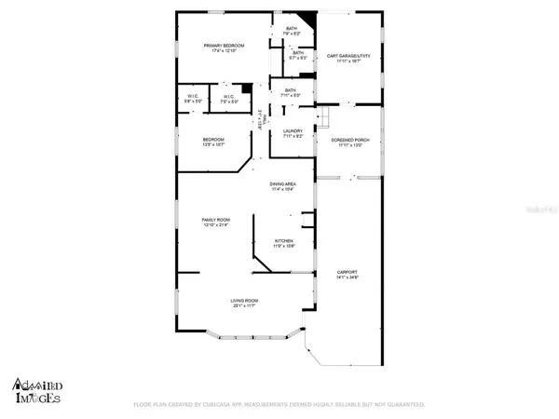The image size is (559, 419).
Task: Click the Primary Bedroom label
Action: (x=225, y=48)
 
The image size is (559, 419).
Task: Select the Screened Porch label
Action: (x=349, y=142)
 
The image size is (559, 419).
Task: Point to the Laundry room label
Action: (x=293, y=133)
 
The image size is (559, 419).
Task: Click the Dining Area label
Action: (x=282, y=187)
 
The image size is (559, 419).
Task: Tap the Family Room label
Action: (x=216, y=223)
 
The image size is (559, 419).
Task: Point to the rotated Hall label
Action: (x=262, y=119)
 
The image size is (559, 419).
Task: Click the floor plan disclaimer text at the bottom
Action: (x=279, y=405)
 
